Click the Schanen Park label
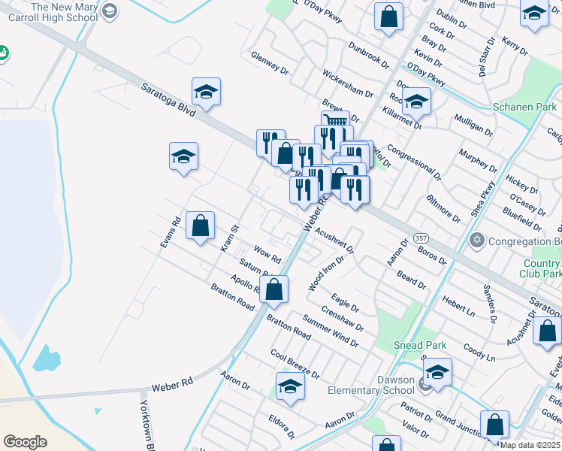(x=524, y=107)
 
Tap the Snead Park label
(x=421, y=345)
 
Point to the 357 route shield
(x=421, y=238)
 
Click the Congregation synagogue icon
(x=475, y=241)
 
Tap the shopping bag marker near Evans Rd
(x=201, y=225)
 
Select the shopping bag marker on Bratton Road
(x=274, y=289)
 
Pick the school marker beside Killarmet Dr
(x=415, y=101)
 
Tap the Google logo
(x=25, y=441)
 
